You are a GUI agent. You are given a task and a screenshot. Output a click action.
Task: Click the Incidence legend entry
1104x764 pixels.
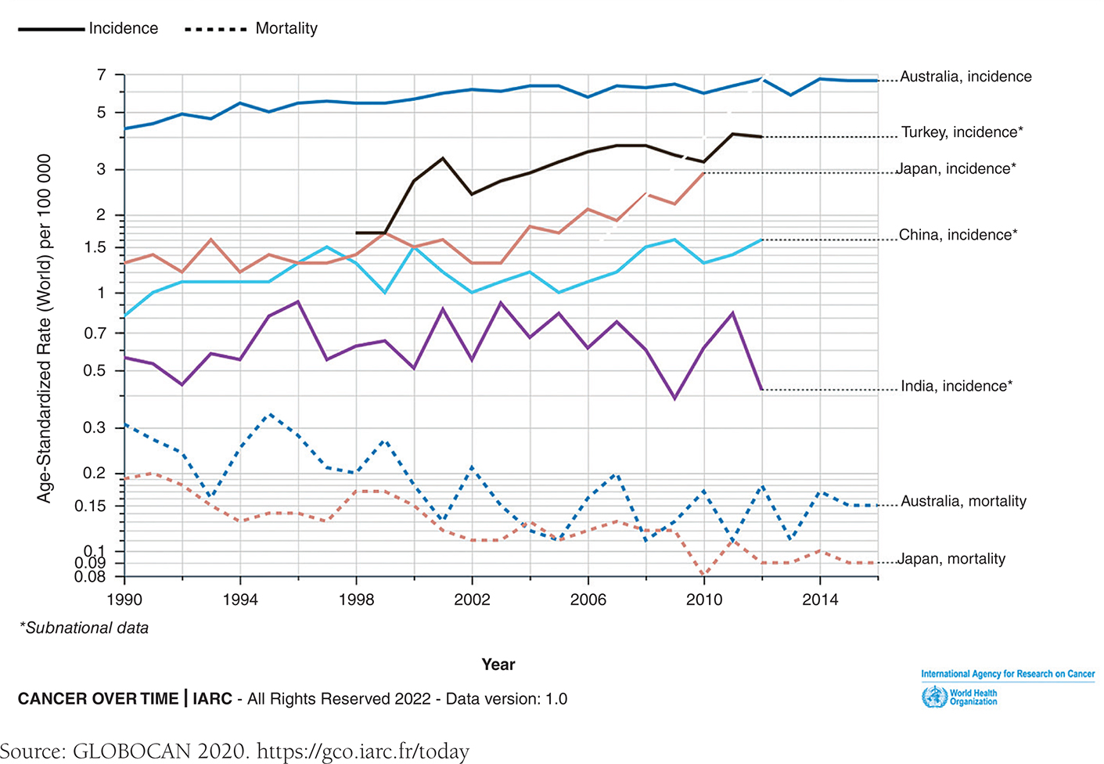click(123, 28)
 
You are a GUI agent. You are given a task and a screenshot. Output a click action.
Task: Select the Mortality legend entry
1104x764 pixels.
click(286, 28)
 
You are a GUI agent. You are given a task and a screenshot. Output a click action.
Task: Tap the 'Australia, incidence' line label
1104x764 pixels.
click(966, 77)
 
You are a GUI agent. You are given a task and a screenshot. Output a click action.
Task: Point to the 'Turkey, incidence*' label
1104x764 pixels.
click(962, 132)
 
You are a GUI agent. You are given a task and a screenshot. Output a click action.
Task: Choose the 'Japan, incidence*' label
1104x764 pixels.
click(956, 168)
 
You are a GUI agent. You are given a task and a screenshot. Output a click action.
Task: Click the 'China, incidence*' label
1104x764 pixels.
click(958, 235)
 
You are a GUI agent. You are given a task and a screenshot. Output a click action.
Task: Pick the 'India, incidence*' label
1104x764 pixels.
click(956, 386)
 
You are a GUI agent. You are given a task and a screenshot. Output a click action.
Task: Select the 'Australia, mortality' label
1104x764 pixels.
click(963, 501)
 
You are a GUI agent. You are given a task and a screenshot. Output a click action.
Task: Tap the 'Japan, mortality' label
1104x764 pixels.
click(951, 559)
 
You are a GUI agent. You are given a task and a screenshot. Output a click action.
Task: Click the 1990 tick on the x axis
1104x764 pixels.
click(124, 600)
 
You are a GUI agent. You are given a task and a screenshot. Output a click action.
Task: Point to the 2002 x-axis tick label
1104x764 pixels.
click(472, 600)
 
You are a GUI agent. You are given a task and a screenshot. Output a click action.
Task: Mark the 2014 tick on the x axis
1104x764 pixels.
click(820, 600)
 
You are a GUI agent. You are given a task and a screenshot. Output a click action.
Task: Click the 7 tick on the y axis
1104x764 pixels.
click(101, 75)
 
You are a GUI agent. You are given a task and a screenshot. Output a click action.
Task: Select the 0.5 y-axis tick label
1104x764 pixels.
click(95, 370)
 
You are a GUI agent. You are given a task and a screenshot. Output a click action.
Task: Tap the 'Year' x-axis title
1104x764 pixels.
click(498, 665)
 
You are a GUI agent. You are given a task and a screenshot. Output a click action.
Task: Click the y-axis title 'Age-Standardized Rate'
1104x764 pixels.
click(44, 328)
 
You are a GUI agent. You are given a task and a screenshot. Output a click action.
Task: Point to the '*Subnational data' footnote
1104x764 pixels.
click(84, 628)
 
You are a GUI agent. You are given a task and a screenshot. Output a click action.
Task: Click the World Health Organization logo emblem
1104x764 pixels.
click(934, 697)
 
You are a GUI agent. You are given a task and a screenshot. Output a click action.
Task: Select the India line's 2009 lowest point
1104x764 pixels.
click(674, 398)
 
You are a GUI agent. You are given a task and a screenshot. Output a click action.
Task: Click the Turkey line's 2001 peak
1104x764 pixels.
click(443, 158)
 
